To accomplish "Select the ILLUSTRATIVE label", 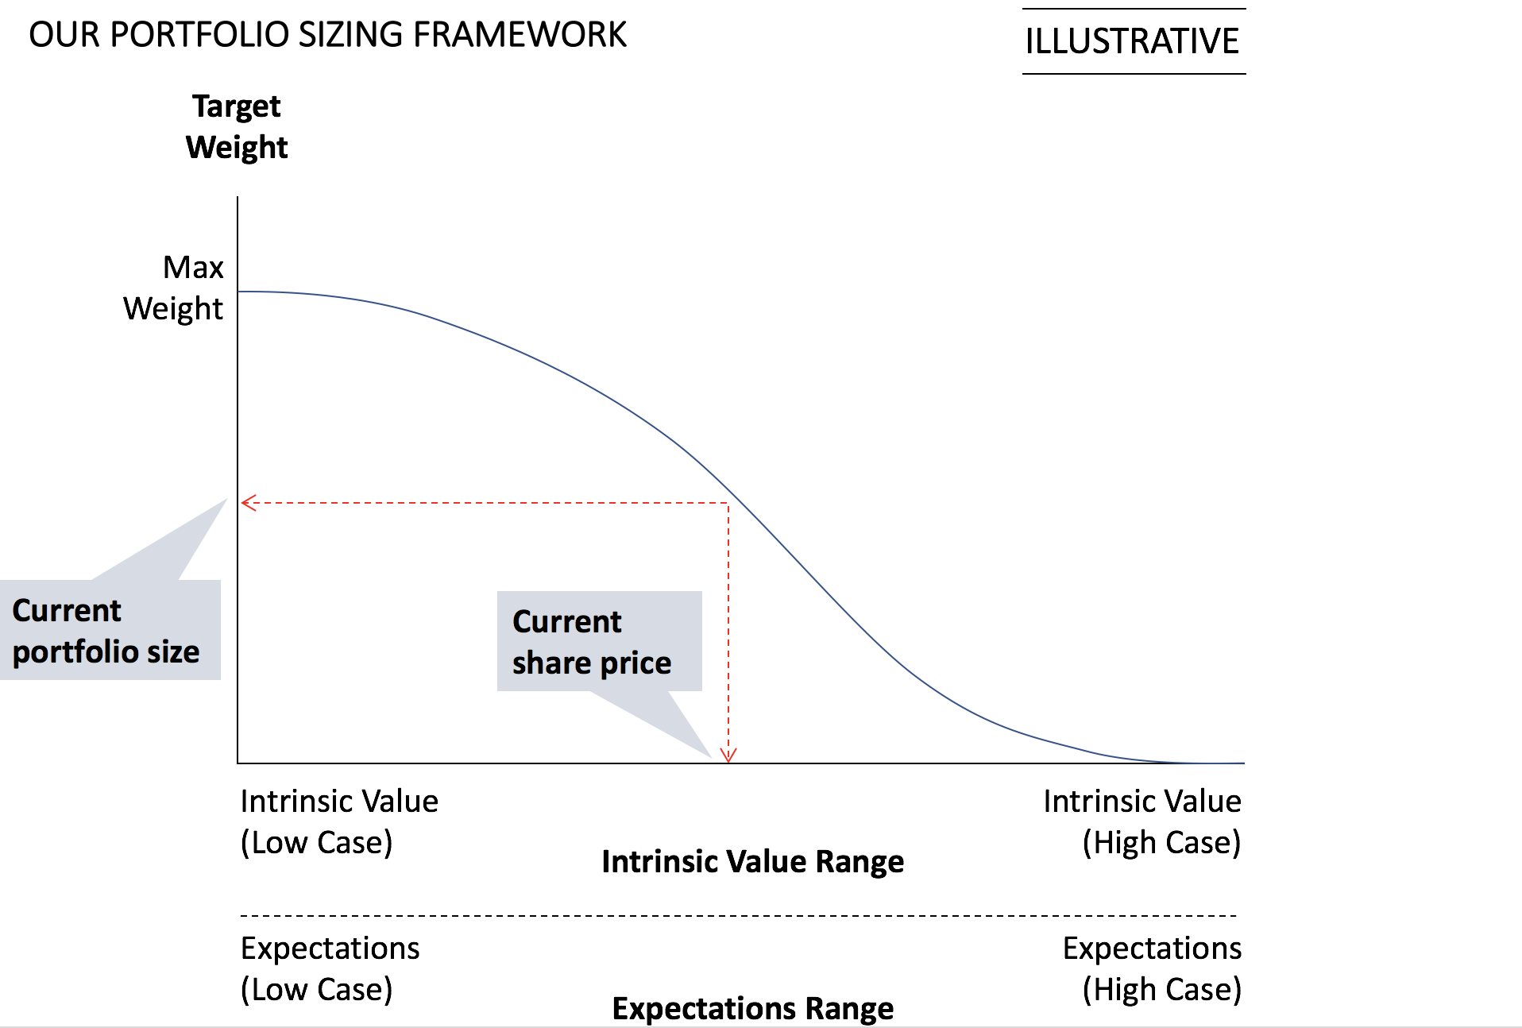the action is click(1132, 41).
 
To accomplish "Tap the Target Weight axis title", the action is click(237, 127).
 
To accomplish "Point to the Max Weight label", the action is click(173, 288).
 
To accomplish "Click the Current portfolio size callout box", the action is click(110, 630).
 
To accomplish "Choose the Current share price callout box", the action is click(600, 641).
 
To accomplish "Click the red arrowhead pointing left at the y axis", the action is click(249, 503).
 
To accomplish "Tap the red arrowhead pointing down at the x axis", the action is click(728, 755).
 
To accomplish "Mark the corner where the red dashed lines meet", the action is click(728, 503).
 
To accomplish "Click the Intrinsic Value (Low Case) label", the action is click(339, 822).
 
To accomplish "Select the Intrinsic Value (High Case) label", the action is click(1142, 822).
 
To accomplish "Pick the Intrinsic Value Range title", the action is click(753, 862).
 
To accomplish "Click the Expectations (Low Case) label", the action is click(330, 969).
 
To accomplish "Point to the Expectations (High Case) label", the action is click(1153, 969).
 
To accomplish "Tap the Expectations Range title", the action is click(753, 1009).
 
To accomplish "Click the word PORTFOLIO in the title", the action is click(199, 35).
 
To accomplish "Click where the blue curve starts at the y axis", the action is click(239, 292).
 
